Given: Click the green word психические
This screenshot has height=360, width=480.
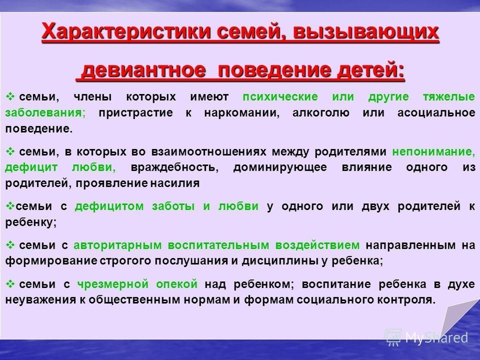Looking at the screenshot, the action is pyautogui.click(x=280, y=97).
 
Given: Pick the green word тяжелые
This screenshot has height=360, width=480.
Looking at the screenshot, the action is pyautogui.click(x=449, y=97).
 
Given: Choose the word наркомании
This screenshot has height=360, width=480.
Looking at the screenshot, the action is pyautogui.click(x=242, y=113).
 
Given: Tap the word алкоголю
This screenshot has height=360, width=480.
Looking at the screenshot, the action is pyautogui.click(x=321, y=113).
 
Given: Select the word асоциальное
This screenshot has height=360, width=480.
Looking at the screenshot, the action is pyautogui.click(x=436, y=113).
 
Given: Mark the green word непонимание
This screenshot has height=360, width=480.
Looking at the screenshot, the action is pyautogui.click(x=433, y=152).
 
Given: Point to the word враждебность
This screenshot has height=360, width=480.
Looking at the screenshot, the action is pyautogui.click(x=175, y=168).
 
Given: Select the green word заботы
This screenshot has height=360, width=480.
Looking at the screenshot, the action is pyautogui.click(x=173, y=206).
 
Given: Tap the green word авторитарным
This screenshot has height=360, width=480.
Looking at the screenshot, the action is pyautogui.click(x=118, y=245).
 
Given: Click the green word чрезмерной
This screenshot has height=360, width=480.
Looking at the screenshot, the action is pyautogui.click(x=112, y=284).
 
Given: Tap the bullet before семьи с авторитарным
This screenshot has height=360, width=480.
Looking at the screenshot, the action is pyautogui.click(x=10, y=245).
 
